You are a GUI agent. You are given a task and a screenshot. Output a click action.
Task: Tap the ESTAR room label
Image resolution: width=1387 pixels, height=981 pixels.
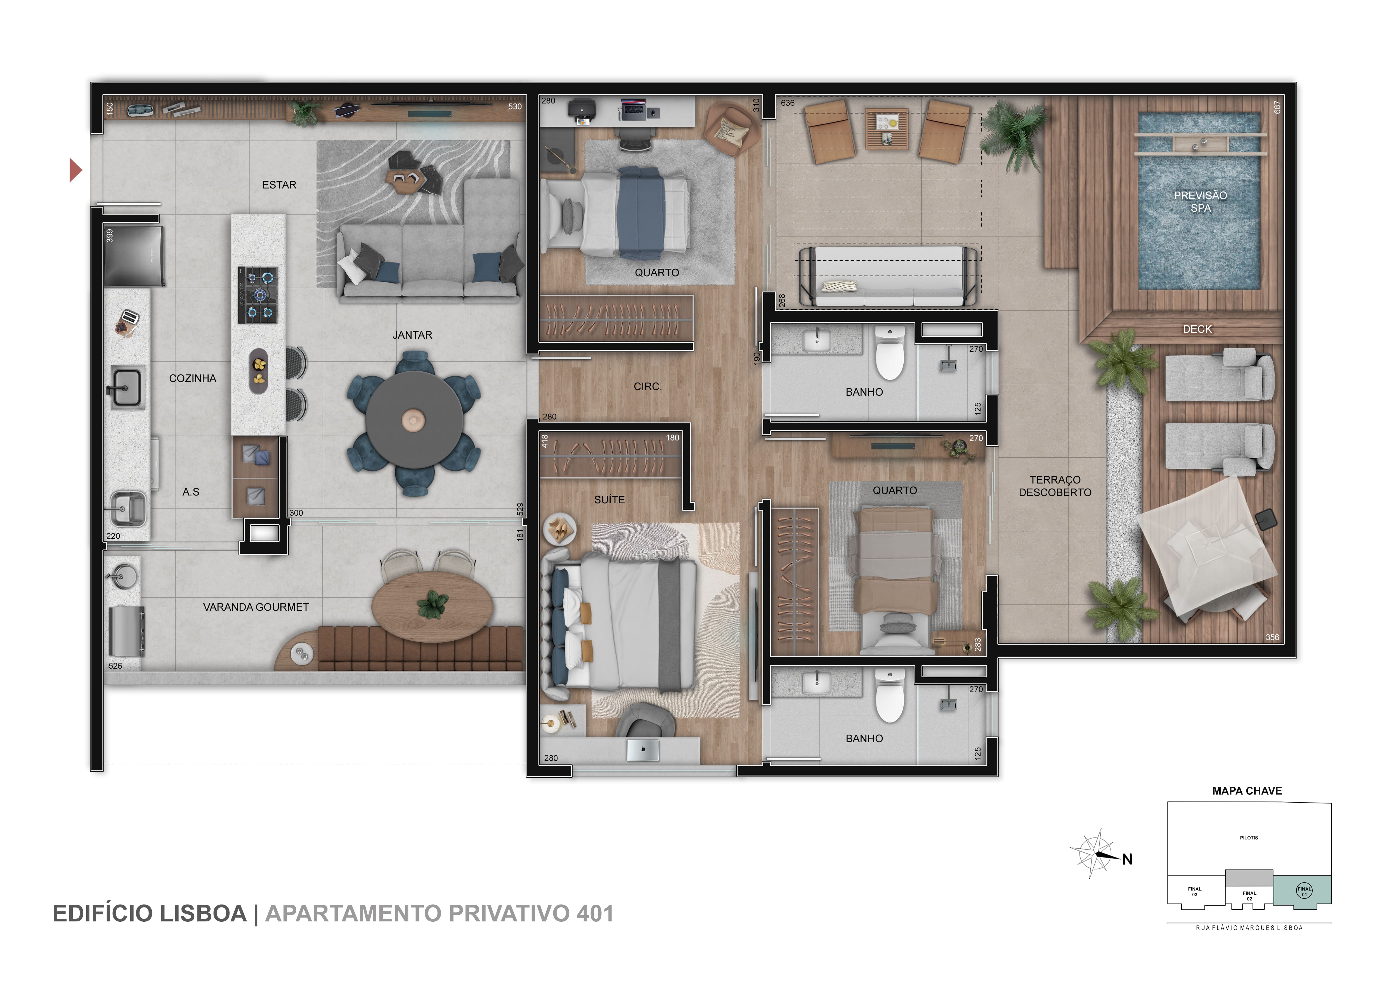tap(279, 185)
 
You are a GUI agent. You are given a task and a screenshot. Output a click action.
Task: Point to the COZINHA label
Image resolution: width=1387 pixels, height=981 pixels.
tap(192, 378)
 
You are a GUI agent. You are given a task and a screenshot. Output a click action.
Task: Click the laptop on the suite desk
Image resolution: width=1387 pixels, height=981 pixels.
tap(643, 750)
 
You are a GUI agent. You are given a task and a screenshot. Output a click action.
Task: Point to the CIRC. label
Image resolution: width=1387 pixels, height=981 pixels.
tap(648, 386)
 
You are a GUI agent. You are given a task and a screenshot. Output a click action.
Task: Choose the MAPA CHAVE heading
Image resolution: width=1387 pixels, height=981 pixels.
tap(1247, 791)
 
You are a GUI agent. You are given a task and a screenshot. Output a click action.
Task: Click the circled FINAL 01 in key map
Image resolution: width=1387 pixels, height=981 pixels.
tap(1304, 890)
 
